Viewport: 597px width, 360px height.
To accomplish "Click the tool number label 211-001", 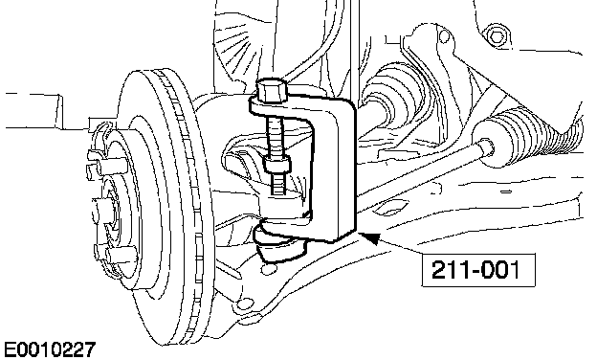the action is (475, 270).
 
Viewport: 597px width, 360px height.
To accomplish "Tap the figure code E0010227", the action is (50, 349).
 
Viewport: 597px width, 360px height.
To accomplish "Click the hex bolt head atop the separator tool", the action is (271, 90).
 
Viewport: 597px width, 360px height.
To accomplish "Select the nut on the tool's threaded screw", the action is (278, 164).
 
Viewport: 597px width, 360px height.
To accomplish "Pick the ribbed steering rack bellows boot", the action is (529, 135).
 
